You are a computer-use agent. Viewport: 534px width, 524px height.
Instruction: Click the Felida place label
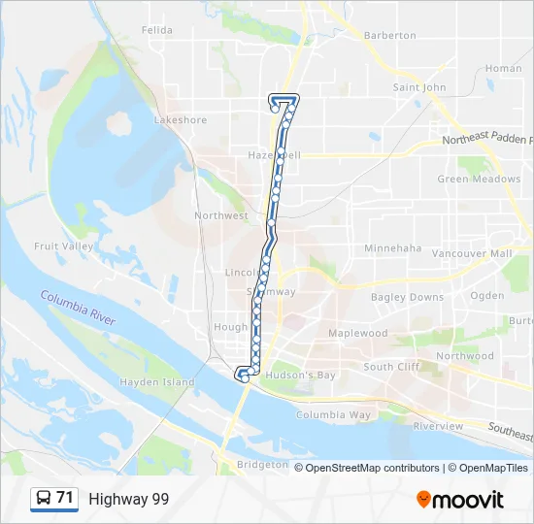156,30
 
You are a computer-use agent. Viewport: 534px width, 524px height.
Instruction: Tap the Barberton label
389,36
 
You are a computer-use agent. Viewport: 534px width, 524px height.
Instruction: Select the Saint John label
419,87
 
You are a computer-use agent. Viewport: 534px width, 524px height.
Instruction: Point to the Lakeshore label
181,120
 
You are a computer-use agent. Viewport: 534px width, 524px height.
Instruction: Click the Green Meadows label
479,180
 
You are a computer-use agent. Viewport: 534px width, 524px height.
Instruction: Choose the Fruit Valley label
64,246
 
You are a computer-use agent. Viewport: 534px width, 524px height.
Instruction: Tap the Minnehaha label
393,248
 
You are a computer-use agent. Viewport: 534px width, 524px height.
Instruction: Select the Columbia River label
78,308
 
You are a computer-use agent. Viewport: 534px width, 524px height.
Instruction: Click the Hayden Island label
156,382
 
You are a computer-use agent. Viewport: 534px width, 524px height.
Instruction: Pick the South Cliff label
392,367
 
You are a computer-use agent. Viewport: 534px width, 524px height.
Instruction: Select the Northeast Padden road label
486,141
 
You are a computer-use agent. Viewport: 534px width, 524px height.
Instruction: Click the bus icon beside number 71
44,499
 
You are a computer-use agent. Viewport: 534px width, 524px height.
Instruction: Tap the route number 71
65,498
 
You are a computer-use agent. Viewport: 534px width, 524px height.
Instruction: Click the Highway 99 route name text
128,499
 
